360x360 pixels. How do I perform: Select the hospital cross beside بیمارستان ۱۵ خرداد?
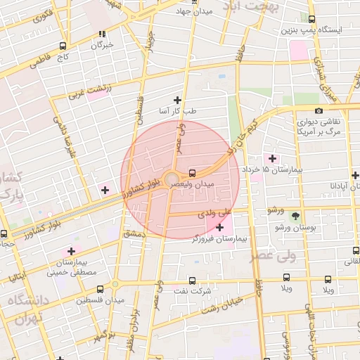coord(272,158)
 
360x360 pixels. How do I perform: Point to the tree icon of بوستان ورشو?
coord(295,216)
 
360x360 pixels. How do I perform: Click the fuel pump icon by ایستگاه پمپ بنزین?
coord(312,19)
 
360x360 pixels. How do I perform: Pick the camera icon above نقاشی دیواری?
coord(319,110)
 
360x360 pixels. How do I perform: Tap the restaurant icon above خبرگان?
coord(102,33)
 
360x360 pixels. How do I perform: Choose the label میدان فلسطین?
coord(101,300)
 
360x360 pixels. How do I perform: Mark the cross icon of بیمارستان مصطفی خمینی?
coord(70,251)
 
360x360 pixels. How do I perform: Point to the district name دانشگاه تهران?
coord(28,309)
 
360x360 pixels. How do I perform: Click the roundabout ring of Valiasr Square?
coord(171,179)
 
